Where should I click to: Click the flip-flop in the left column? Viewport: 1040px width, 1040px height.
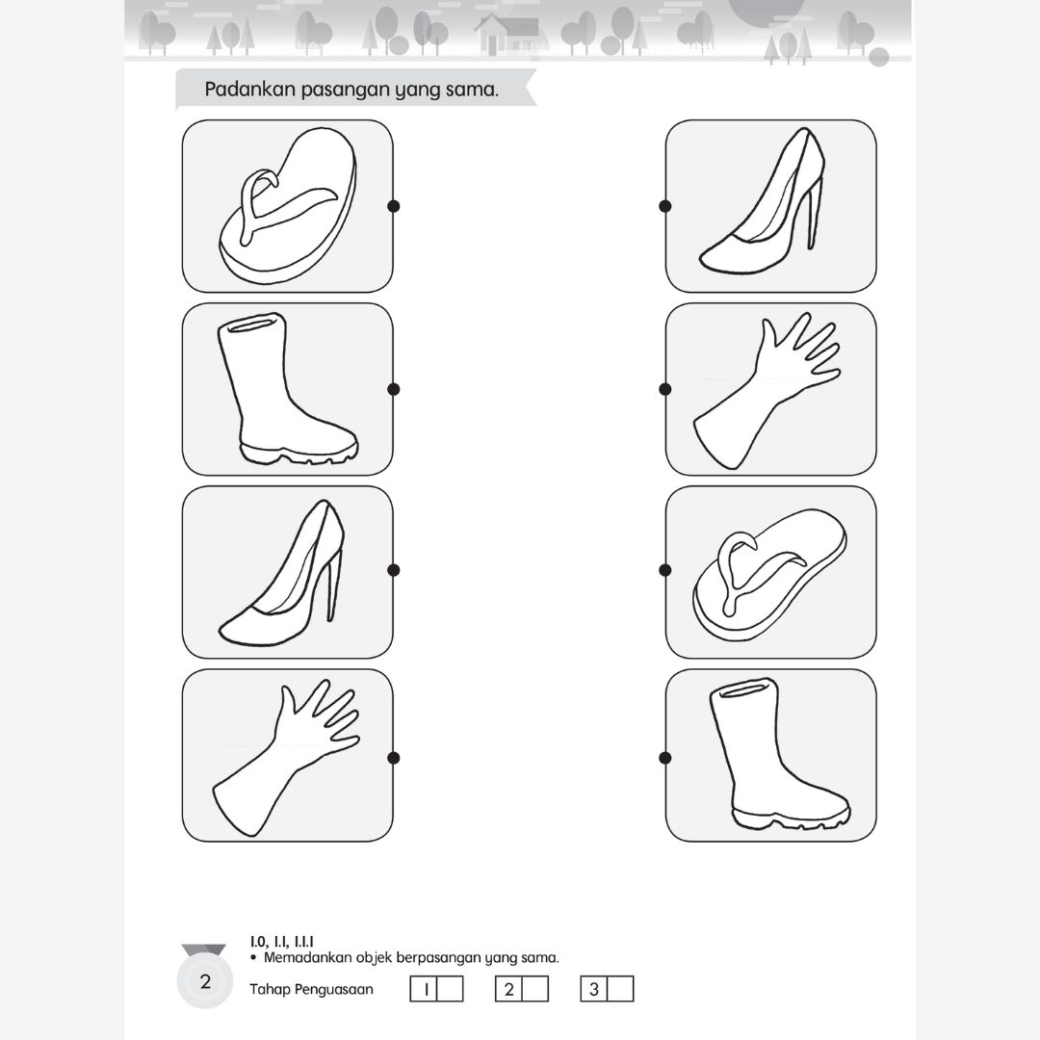coord(288,206)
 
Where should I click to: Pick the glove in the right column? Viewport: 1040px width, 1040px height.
coord(767,390)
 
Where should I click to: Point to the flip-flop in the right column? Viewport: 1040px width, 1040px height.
coord(769,574)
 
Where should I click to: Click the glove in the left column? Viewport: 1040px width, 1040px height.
coord(285,757)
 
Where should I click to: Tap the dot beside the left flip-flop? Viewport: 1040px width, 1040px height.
coord(393,206)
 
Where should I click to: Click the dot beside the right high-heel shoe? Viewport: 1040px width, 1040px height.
coord(665,206)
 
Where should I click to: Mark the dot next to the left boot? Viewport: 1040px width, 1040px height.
coord(393,389)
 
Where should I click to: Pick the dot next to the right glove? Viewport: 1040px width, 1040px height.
coord(665,389)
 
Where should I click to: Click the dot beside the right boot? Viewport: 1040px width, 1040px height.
coord(665,758)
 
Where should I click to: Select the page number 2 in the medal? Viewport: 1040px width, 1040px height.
coord(205,981)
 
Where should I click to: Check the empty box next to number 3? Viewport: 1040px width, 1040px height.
coord(620,989)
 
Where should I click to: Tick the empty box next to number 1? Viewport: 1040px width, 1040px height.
coord(450,989)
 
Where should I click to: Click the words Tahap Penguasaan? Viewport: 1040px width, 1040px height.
coord(311,990)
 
